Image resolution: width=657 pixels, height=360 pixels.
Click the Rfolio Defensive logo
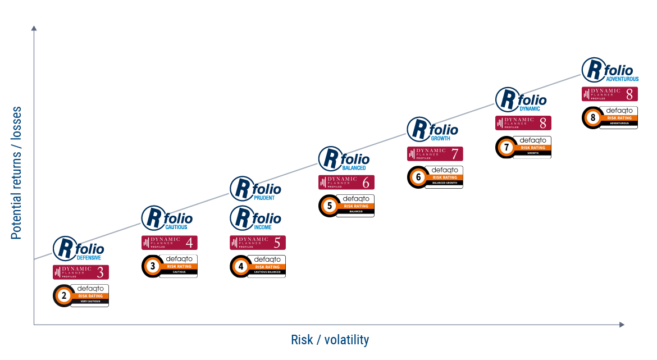tap(79, 248)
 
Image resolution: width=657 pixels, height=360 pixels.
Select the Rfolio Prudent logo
tap(255, 188)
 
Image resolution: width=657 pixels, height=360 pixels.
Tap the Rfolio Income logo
tap(255, 218)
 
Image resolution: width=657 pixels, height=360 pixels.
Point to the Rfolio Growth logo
tap(432, 130)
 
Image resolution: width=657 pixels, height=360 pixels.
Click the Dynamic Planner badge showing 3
tap(81, 272)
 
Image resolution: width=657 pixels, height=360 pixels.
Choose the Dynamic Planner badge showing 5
tap(258, 243)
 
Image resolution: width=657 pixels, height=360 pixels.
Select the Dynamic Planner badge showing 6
tap(346, 182)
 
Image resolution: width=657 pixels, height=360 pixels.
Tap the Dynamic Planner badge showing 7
tap(435, 153)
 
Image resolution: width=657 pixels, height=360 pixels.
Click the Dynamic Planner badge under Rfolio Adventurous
tap(610, 94)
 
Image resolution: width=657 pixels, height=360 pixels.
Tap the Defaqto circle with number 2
tap(64, 296)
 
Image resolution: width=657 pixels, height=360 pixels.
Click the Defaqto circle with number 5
tap(330, 206)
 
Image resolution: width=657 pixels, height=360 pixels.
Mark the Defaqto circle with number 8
tap(593, 118)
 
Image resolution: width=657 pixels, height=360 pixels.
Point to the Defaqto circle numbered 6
tap(418, 177)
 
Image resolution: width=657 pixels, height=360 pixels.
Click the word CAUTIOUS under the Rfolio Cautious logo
tap(176, 227)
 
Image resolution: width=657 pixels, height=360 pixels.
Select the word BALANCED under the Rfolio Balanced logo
tap(354, 168)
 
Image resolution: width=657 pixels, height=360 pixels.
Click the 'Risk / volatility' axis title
tap(330, 340)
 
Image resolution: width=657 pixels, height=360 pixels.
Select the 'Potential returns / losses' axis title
tap(16, 173)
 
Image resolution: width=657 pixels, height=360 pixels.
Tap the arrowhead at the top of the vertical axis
tap(34, 28)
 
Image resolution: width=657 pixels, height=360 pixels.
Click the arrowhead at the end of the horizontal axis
tap(622, 325)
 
